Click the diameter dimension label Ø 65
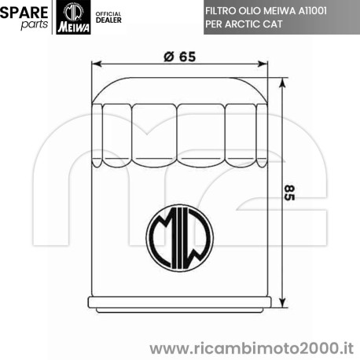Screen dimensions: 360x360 [180, 57]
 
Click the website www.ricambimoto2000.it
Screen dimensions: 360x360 [251, 347]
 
